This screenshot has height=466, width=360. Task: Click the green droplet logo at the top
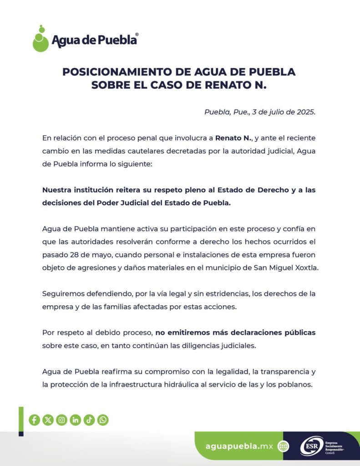pyautogui.click(x=41, y=39)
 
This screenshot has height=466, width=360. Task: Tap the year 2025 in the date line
pyautogui.click(x=304, y=112)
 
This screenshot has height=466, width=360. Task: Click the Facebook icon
pyautogui.click(x=34, y=420)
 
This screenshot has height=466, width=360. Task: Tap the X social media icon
pyautogui.click(x=48, y=420)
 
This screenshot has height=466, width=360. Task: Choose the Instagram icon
pyautogui.click(x=61, y=420)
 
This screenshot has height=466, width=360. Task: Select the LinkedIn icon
pyautogui.click(x=76, y=420)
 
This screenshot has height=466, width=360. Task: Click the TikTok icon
pyautogui.click(x=89, y=420)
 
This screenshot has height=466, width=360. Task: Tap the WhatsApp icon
pyautogui.click(x=103, y=420)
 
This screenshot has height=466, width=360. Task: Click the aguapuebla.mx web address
pyautogui.click(x=239, y=446)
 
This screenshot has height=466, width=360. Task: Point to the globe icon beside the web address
pyautogui.click(x=283, y=446)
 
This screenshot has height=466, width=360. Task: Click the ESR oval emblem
pyautogui.click(x=311, y=446)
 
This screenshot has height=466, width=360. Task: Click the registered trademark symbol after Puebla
pyautogui.click(x=137, y=34)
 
